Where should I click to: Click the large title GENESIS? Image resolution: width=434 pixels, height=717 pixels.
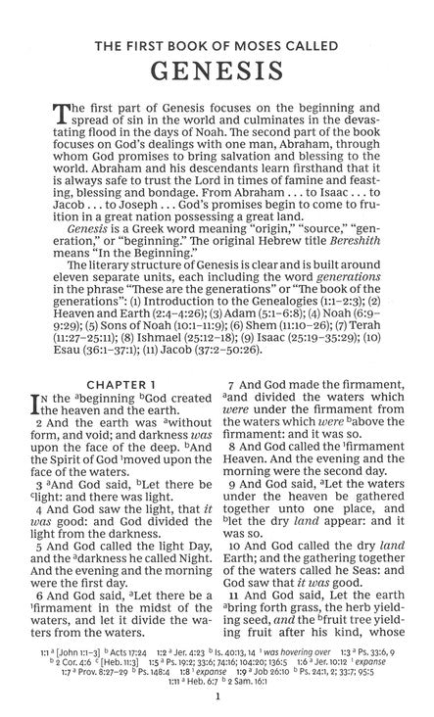click(x=217, y=74)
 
